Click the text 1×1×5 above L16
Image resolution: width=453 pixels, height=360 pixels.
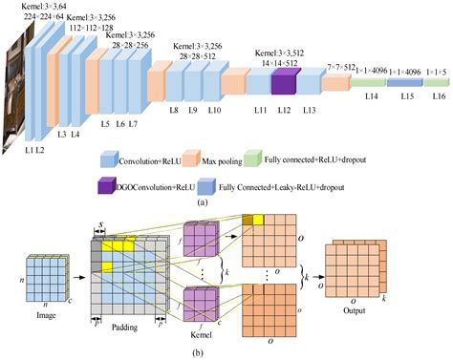434,72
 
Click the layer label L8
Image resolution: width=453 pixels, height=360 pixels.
173,112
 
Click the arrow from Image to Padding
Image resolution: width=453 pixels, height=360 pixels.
77,268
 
